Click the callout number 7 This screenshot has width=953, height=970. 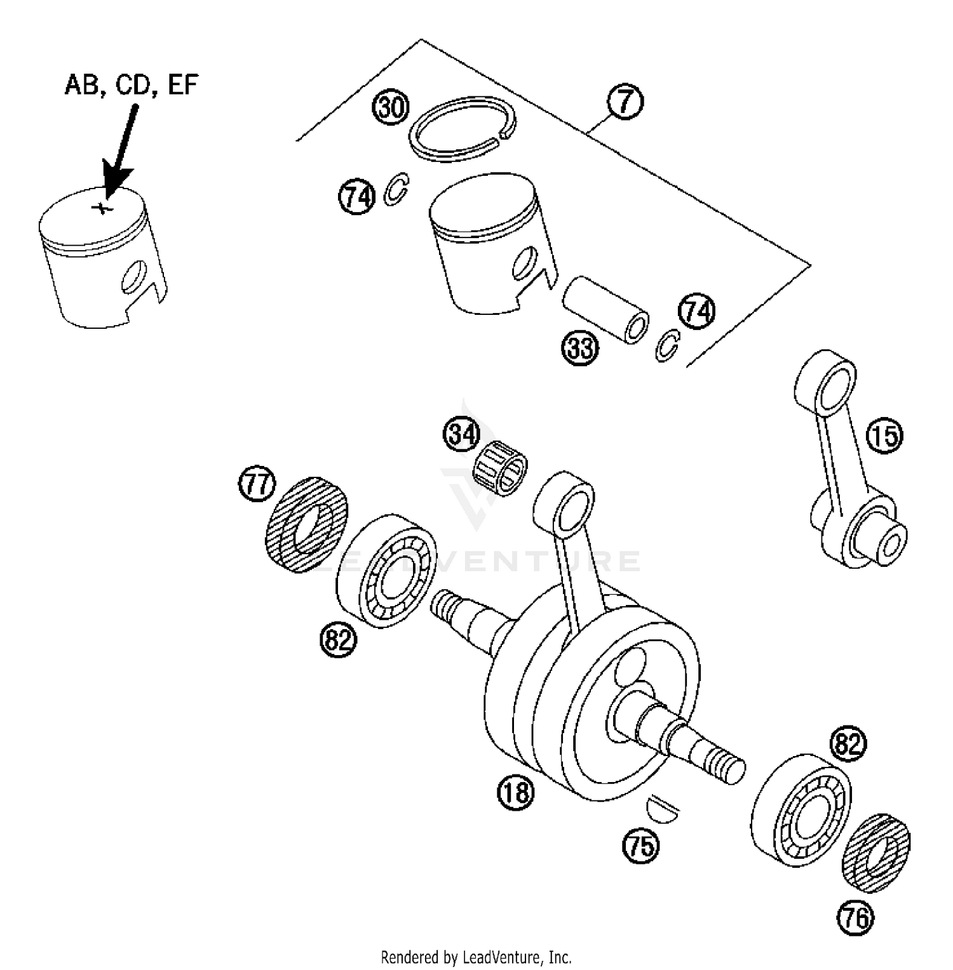pyautogui.click(x=625, y=102)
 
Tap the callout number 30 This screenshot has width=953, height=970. pyautogui.click(x=390, y=107)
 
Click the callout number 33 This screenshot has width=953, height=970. pyautogui.click(x=579, y=348)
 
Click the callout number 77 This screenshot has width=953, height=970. pyautogui.click(x=257, y=484)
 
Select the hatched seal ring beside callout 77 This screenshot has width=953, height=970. pyautogui.click(x=306, y=524)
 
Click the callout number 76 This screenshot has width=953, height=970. pyautogui.click(x=856, y=917)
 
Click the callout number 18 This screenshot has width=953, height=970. pyautogui.click(x=516, y=792)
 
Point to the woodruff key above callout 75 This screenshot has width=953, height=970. pyautogui.click(x=662, y=807)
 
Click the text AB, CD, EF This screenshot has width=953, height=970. pyautogui.click(x=132, y=84)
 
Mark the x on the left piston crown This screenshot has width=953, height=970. pyautogui.click(x=100, y=207)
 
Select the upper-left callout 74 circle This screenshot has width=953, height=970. pyautogui.click(x=356, y=197)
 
